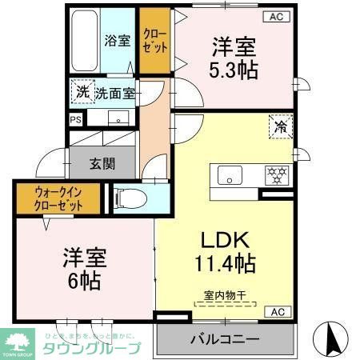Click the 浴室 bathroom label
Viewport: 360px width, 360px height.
[x=118, y=41]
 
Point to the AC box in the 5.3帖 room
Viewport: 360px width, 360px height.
[x=275, y=16]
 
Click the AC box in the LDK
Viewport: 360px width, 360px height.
[x=275, y=312]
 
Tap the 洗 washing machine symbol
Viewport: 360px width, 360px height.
[x=82, y=92]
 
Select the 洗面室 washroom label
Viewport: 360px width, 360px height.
[x=115, y=94]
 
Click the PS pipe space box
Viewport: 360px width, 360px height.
[x=76, y=120]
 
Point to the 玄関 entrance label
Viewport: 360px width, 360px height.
[x=102, y=164]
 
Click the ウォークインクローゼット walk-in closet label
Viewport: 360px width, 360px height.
[x=58, y=198]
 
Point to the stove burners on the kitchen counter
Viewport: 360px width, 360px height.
[x=276, y=174]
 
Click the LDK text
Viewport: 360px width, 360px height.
[x=223, y=239]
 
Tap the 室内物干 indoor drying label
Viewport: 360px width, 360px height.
[x=225, y=294]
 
